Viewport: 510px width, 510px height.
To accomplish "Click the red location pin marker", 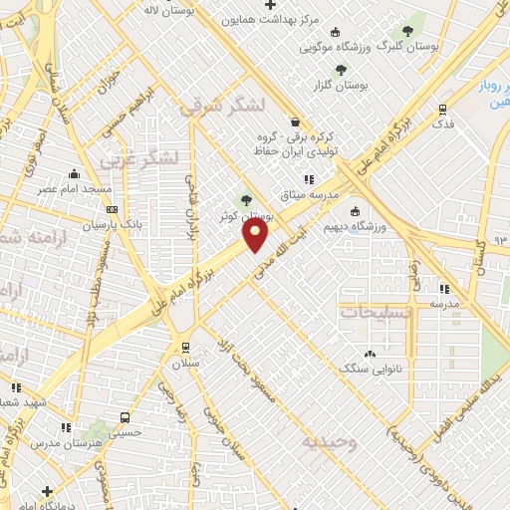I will pyautogui.click(x=256, y=235).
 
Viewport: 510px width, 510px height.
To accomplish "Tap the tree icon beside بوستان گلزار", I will pyautogui.click(x=341, y=70).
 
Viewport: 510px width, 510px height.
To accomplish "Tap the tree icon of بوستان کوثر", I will pyautogui.click(x=246, y=200).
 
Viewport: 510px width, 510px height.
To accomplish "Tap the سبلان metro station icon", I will pyautogui.click(x=184, y=348).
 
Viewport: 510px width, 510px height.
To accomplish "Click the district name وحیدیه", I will pyautogui.click(x=331, y=439).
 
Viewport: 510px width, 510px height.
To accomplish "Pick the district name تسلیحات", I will pyautogui.click(x=375, y=312).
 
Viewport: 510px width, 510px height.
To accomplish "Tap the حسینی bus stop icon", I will pyautogui.click(x=126, y=418).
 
